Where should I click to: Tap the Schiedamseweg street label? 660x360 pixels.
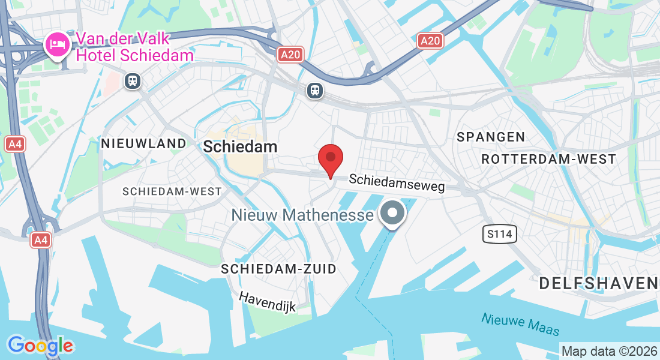(397, 183)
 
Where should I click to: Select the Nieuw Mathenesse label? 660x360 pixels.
(299, 214)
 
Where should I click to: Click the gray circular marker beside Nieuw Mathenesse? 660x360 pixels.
(393, 213)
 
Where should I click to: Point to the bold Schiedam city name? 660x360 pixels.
(240, 146)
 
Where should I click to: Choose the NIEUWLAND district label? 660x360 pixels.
(144, 143)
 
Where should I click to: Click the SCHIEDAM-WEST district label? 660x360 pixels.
(172, 191)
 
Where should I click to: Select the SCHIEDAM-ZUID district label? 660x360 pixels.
(278, 269)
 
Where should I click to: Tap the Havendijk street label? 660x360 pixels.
(268, 301)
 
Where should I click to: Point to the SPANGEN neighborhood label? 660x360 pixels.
(491, 137)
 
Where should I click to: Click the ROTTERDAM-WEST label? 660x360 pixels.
(548, 159)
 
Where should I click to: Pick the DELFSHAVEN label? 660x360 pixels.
(599, 283)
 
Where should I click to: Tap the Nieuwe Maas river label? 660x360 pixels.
(520, 325)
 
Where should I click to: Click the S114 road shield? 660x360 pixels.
(499, 234)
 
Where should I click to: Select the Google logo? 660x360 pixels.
(40, 346)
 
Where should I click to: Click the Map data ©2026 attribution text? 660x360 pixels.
(608, 351)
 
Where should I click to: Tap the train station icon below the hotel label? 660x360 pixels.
(133, 80)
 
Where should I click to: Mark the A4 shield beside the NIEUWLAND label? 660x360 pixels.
(14, 144)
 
